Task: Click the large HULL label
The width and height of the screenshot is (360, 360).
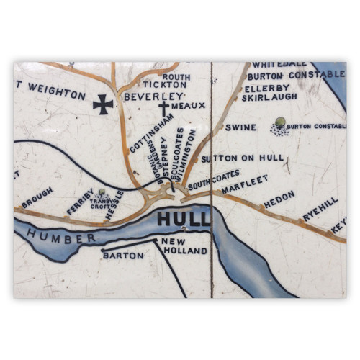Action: point(183,219)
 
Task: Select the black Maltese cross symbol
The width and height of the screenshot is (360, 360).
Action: point(103,105)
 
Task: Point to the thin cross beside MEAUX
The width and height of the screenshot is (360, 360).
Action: point(163,108)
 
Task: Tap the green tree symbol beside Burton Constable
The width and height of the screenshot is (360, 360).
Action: point(279,122)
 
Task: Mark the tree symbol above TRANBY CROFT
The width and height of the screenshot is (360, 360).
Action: point(102,192)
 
